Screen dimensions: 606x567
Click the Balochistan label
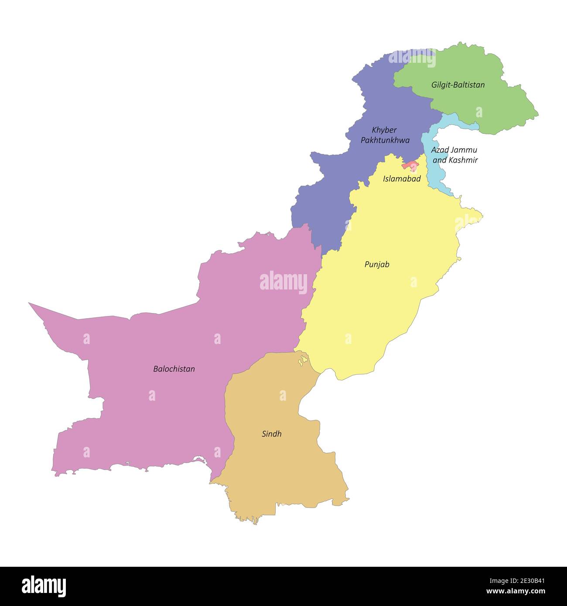click(x=174, y=369)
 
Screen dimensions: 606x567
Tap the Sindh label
click(x=271, y=434)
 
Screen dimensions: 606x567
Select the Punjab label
click(x=377, y=264)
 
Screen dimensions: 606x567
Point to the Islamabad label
click(x=402, y=179)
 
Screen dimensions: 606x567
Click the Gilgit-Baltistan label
click(x=458, y=85)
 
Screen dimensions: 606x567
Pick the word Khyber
click(x=384, y=130)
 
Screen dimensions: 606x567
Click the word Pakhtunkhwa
click(x=385, y=140)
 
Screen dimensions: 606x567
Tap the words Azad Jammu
click(x=454, y=150)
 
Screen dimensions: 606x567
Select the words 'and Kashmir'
click(x=455, y=160)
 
